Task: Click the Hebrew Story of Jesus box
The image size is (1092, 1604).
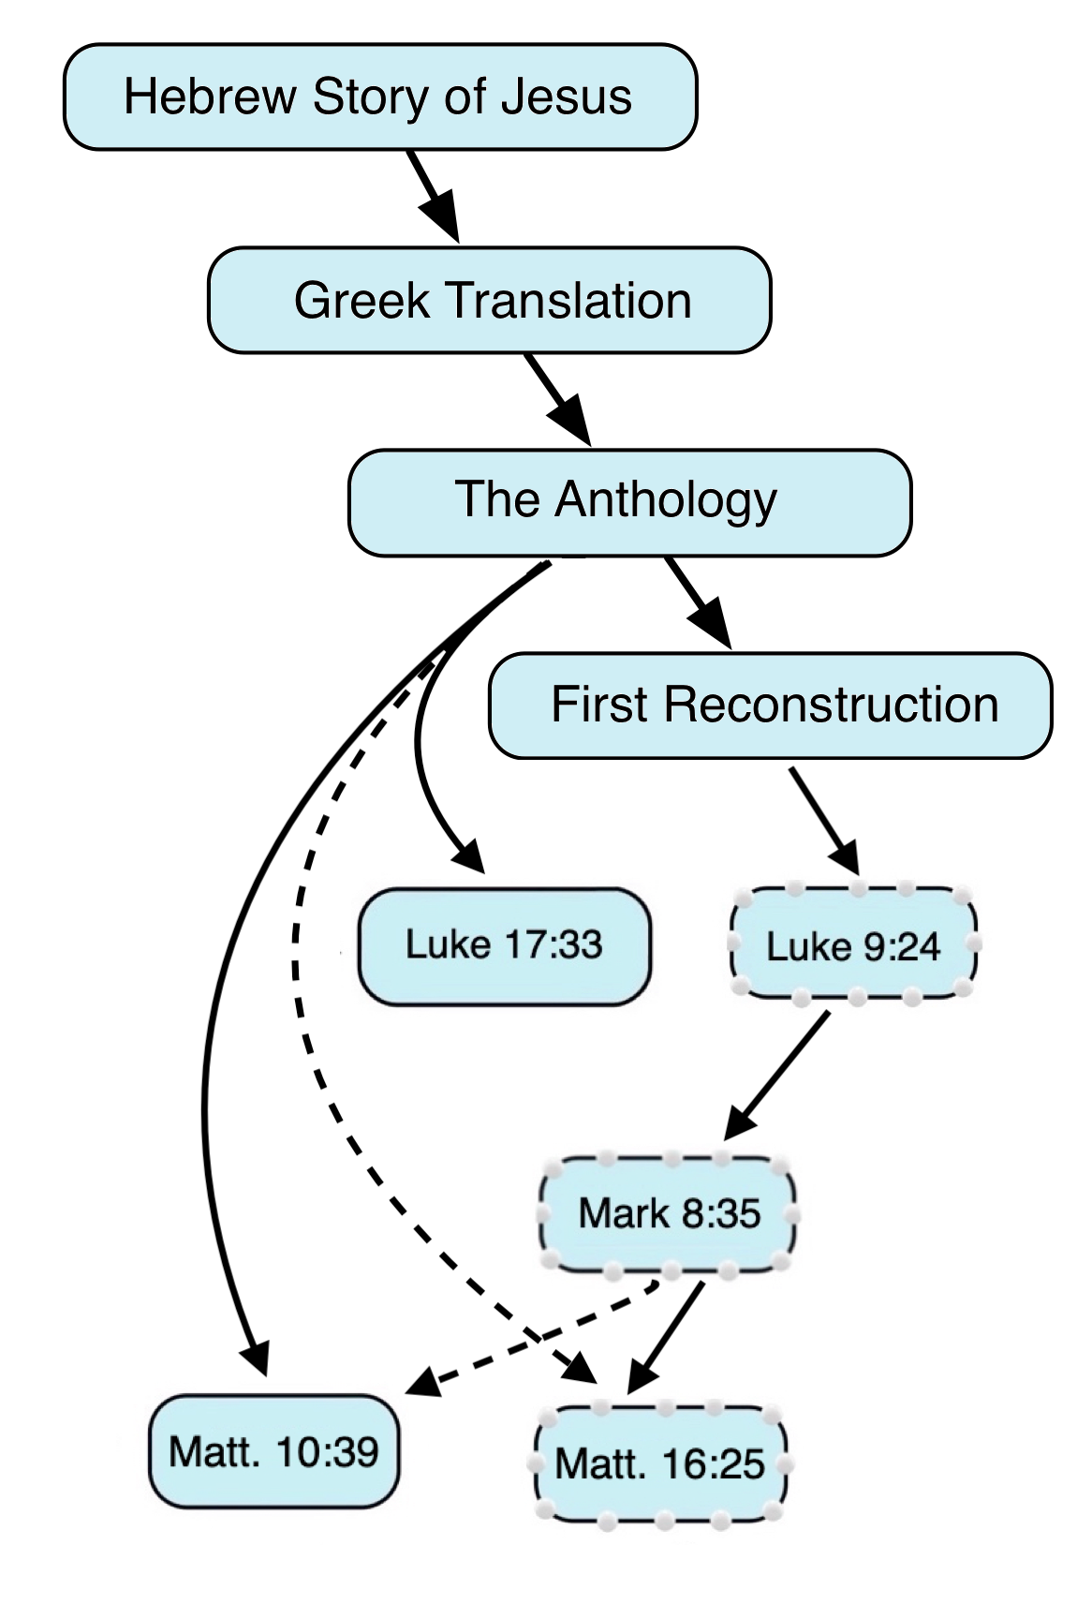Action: (x=379, y=97)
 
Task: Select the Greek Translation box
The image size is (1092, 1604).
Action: (x=489, y=301)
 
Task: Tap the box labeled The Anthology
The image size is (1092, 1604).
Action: (x=629, y=503)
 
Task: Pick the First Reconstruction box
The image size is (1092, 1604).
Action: (x=770, y=705)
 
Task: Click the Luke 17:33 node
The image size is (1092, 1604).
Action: (x=504, y=945)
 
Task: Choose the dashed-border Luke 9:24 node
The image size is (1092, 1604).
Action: (x=853, y=944)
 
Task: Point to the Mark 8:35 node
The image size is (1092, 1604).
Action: (x=669, y=1214)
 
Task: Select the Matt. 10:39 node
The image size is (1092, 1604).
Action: (x=273, y=1452)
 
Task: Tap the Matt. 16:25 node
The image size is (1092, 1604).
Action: (x=659, y=1463)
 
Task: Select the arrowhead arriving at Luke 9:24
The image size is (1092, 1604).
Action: (x=846, y=857)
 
